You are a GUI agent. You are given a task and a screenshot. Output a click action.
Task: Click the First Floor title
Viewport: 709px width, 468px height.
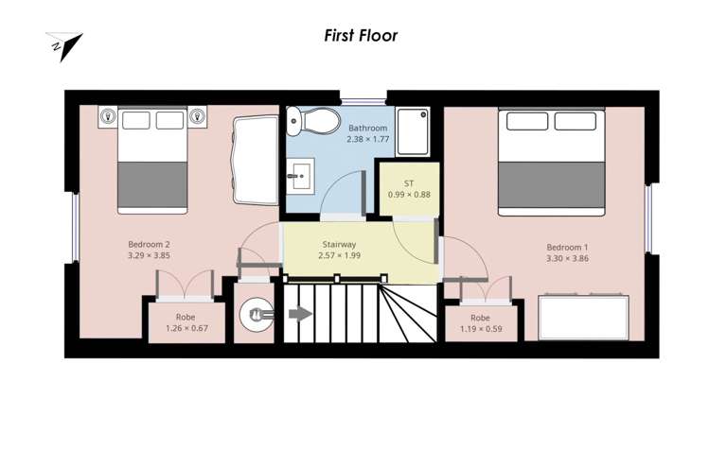click(361, 36)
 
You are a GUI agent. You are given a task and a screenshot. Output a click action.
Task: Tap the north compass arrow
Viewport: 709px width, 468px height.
click(64, 46)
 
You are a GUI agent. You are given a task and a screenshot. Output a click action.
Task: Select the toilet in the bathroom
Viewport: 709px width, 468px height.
click(313, 121)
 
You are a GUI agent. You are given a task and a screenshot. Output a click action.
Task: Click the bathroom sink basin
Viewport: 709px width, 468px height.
click(301, 176)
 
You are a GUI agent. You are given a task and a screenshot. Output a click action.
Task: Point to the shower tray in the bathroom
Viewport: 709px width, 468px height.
click(413, 132)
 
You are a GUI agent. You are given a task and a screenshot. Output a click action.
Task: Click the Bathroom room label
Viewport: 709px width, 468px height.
click(367, 128)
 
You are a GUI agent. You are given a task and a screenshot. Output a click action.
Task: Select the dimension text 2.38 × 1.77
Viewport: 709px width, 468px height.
click(367, 139)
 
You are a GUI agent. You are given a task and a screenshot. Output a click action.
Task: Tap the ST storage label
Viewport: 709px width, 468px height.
click(409, 183)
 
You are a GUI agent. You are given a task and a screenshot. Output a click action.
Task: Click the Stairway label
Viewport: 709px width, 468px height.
click(339, 244)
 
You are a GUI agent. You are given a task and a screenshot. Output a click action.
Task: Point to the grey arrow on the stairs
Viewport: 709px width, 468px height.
click(300, 314)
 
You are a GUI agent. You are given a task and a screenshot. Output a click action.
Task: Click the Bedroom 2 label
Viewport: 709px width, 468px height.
click(149, 244)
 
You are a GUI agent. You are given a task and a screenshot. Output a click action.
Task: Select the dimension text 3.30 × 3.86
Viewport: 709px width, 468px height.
click(567, 258)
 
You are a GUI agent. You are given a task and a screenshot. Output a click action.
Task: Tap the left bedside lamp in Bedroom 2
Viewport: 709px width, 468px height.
click(108, 116)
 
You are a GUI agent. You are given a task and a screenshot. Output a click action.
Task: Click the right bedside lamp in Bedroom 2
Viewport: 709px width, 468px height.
click(197, 116)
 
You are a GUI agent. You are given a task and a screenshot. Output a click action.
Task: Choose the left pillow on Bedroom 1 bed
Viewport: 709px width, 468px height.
click(527, 121)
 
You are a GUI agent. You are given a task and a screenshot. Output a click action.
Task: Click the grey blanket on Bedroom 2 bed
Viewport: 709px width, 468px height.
click(152, 184)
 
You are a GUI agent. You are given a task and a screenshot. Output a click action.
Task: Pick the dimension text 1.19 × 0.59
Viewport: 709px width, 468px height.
click(481, 329)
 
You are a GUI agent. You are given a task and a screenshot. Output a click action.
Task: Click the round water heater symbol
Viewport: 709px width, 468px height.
click(257, 315)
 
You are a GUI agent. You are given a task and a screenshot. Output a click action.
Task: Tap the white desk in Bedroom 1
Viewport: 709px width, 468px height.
click(584, 318)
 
